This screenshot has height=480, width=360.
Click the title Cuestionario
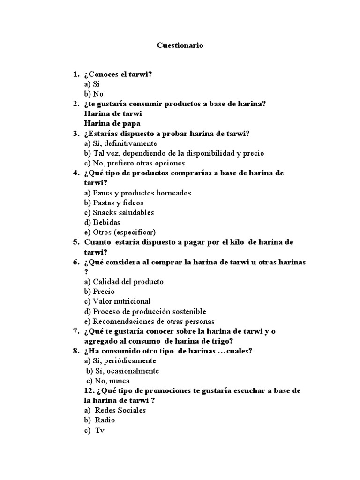click(180, 46)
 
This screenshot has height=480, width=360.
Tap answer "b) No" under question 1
click(94, 94)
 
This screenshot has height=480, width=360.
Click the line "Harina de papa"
click(112, 123)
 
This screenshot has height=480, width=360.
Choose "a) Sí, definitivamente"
click(120, 143)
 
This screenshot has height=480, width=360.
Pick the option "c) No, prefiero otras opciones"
click(135, 163)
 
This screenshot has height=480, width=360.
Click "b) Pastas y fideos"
click(114, 202)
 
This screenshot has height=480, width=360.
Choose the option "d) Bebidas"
click(102, 222)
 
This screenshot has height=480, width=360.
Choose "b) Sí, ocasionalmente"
click(122, 371)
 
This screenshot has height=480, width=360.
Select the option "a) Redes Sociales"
click(115, 410)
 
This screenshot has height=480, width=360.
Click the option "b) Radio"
click(100, 420)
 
